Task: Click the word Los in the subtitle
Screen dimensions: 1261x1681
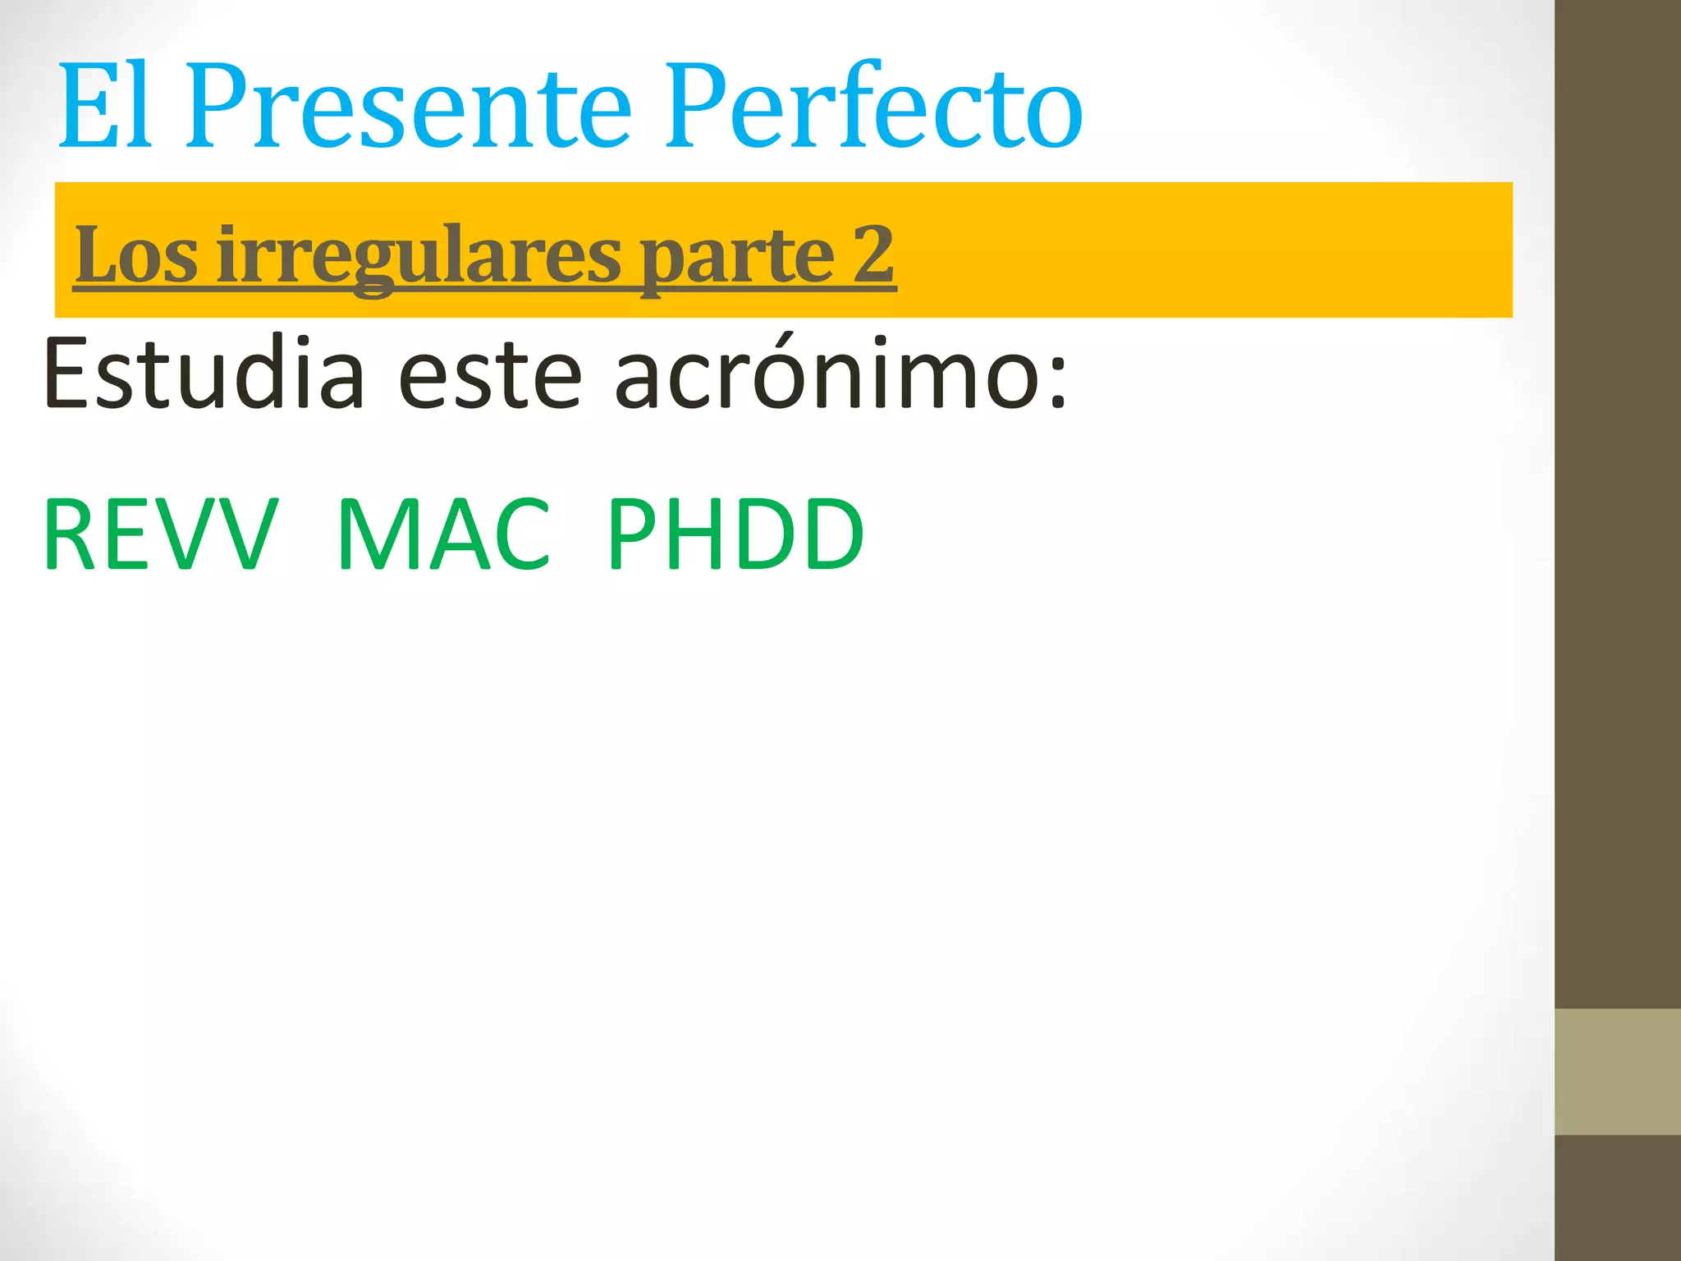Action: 136,255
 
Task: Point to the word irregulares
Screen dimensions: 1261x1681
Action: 419,255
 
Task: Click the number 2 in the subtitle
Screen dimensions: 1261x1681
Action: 873,255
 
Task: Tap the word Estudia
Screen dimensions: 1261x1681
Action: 204,374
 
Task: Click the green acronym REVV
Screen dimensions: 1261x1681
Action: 161,534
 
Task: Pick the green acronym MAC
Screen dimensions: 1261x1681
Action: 443,534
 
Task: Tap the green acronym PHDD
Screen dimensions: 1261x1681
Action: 736,534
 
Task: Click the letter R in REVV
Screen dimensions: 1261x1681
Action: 71,534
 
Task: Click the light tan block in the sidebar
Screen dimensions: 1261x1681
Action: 1618,1071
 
